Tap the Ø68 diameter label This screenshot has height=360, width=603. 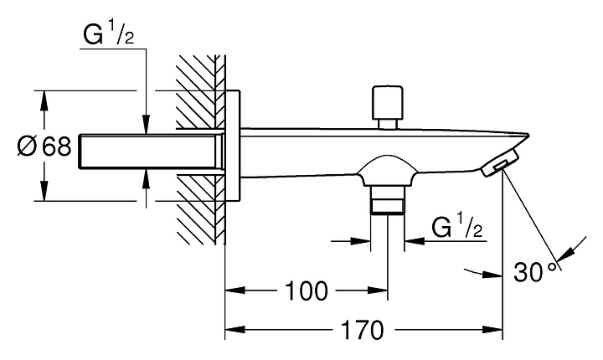point(44,147)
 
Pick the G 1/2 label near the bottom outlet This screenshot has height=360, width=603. point(456,227)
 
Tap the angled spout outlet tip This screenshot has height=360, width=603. point(502,162)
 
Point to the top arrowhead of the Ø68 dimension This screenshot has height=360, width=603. point(44,99)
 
